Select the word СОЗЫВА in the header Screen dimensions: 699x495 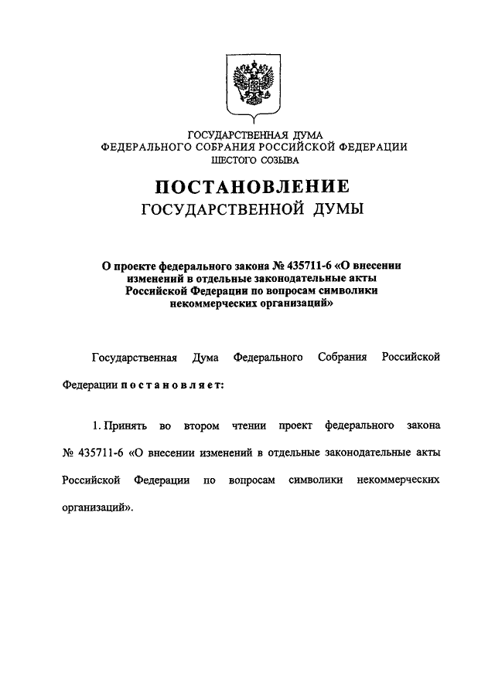[x=279, y=160]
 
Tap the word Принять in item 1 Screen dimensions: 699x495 [x=125, y=426]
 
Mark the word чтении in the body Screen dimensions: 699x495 [x=250, y=426]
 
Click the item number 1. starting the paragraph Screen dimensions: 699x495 [x=96, y=426]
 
